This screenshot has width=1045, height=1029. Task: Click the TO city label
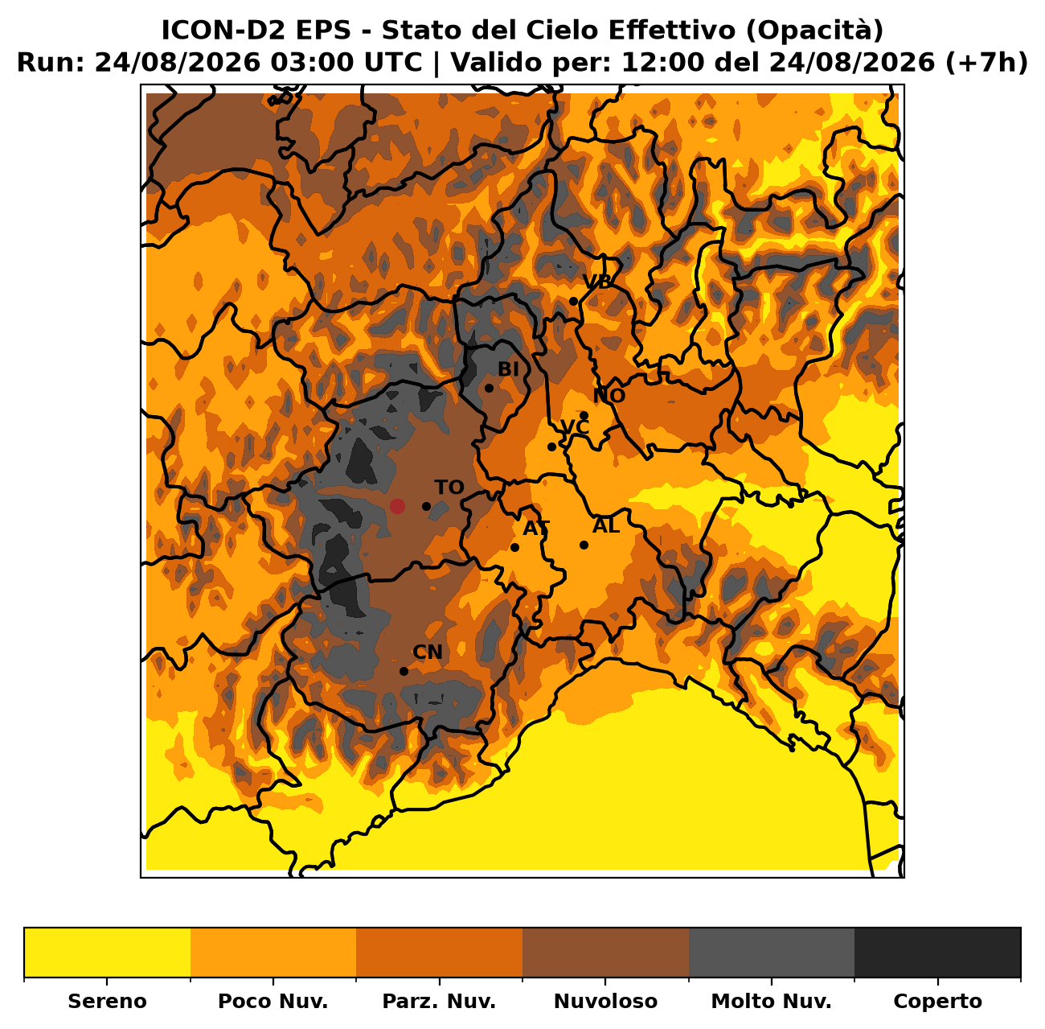coord(449,488)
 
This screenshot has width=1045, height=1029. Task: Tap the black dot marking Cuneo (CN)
coord(404,671)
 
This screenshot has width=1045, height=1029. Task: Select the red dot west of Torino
coord(397,506)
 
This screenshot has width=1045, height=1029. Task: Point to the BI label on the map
coord(508,369)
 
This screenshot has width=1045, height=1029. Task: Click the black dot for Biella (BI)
coord(489,388)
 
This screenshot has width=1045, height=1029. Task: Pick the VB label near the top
coord(596,282)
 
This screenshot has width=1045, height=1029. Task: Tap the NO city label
coord(609,396)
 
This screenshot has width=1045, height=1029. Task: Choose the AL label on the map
coord(606,525)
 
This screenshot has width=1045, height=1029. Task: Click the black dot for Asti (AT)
coord(514,547)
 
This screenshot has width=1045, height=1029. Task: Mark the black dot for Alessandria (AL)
coord(584,545)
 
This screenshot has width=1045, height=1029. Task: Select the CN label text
coord(428,652)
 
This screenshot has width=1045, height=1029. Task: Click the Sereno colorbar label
coord(108,1001)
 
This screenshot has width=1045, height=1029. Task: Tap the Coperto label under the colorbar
coord(937,1001)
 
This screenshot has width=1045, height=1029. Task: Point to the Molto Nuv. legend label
coord(771,1001)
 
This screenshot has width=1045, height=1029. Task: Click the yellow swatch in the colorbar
coord(108,953)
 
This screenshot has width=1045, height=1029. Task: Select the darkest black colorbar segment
coord(937,953)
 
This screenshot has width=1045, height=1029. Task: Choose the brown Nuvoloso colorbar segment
coord(605,953)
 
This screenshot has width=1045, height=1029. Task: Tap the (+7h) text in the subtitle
coord(986,63)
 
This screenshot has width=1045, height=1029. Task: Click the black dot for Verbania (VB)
coord(573,301)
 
